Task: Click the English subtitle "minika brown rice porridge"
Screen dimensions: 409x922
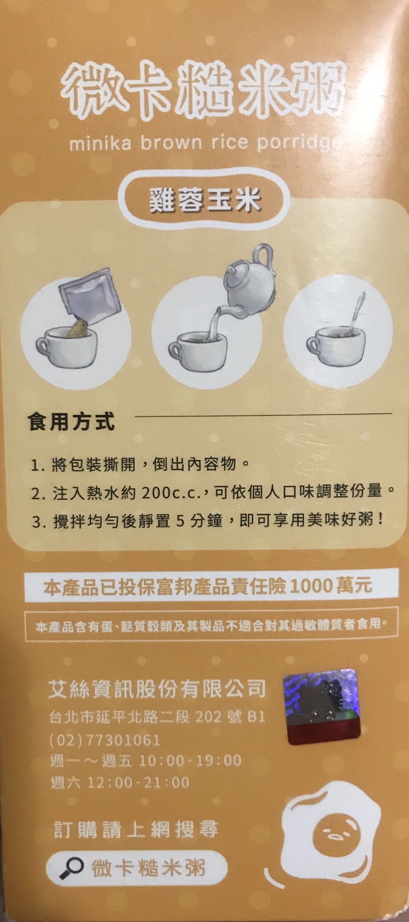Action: pos(206,143)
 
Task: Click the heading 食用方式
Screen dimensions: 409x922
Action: pos(71,422)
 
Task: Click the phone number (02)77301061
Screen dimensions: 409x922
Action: pos(105,740)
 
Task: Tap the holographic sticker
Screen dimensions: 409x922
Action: pos(321,706)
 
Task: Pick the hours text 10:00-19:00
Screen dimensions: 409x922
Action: pos(190,761)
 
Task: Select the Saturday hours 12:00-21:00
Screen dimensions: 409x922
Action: pos(138,782)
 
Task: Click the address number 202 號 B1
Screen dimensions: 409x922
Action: pos(230,717)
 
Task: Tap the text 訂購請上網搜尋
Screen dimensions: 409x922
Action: pos(136,829)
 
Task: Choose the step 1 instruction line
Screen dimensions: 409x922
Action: pos(141,465)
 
